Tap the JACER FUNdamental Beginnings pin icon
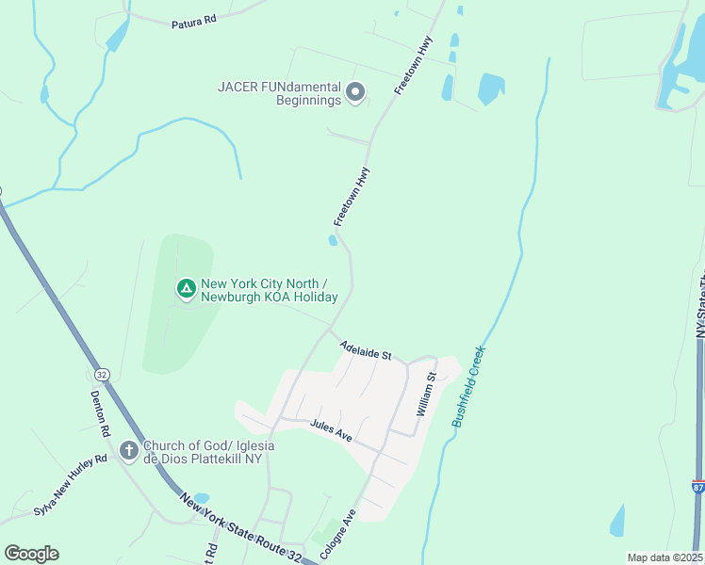(x=355, y=92)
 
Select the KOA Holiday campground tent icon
(x=187, y=288)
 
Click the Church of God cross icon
(x=129, y=452)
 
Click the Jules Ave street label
(x=331, y=431)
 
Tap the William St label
(x=426, y=395)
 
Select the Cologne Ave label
(x=336, y=536)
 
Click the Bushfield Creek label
(x=467, y=387)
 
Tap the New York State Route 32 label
(x=241, y=527)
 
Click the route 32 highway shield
(x=102, y=375)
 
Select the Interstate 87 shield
(x=698, y=487)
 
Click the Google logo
(x=31, y=554)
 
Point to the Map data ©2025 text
(x=664, y=557)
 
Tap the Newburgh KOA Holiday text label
(x=269, y=290)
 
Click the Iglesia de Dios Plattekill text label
(x=202, y=452)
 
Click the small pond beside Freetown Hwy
(x=333, y=241)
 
